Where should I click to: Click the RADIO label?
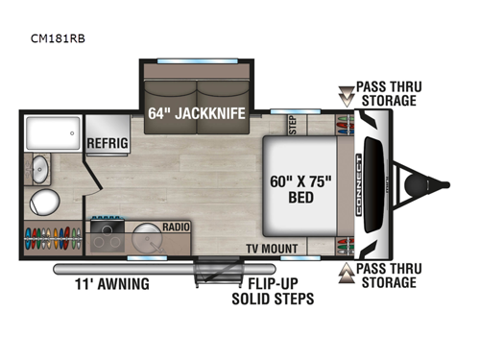coord(176,228)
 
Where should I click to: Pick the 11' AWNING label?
coord(111,283)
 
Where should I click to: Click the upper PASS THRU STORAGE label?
coord(386,93)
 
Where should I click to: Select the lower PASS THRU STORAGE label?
coord(386,275)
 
